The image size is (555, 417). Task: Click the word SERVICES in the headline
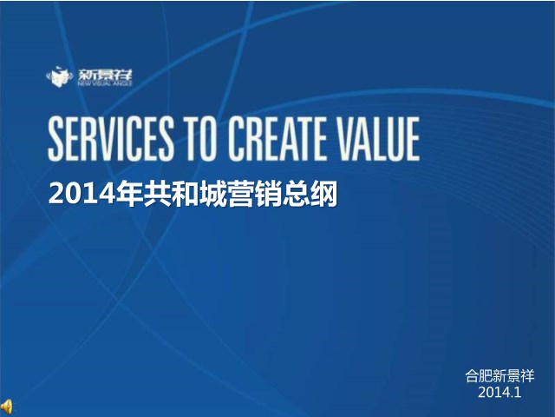point(111,139)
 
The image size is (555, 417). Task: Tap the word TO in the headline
point(200,139)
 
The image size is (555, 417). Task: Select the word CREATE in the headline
point(277,139)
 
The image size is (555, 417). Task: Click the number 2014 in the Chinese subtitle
point(82,194)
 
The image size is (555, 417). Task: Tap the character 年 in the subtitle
point(130,194)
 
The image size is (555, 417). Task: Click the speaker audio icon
point(7,407)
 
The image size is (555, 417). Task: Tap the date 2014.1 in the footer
point(499,392)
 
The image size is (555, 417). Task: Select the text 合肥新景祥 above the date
point(499,376)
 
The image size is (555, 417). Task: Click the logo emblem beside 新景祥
point(59,76)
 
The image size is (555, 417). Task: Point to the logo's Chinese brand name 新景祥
point(105,75)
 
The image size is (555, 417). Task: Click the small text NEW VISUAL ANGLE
point(105,83)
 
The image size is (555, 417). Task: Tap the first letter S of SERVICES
point(56,139)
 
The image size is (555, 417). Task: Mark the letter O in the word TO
point(208,139)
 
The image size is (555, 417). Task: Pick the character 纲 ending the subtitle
point(323,194)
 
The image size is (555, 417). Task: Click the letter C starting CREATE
point(236,139)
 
